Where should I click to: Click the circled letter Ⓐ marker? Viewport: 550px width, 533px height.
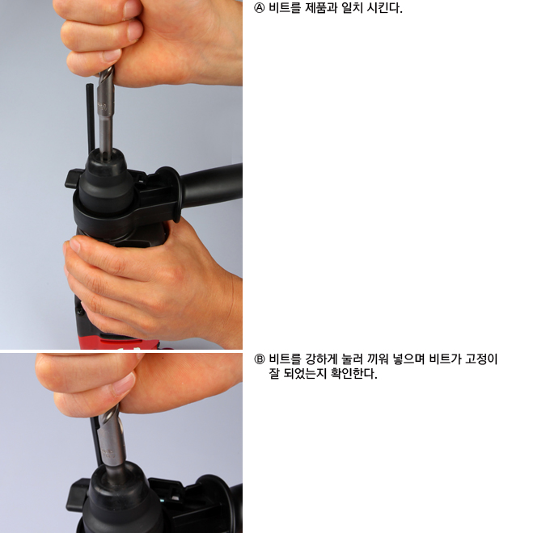pyautogui.click(x=259, y=8)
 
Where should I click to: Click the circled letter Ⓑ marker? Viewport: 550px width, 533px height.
pyautogui.click(x=259, y=359)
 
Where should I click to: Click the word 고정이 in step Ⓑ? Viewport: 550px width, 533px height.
pyautogui.click(x=481, y=359)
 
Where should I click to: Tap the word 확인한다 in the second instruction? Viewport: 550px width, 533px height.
pyautogui.click(x=354, y=374)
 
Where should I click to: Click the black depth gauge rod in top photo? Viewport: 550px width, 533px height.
pyautogui.click(x=91, y=119)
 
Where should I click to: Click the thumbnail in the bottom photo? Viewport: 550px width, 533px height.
pyautogui.click(x=124, y=384)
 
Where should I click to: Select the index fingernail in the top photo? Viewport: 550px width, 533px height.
pyautogui.click(x=112, y=55)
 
